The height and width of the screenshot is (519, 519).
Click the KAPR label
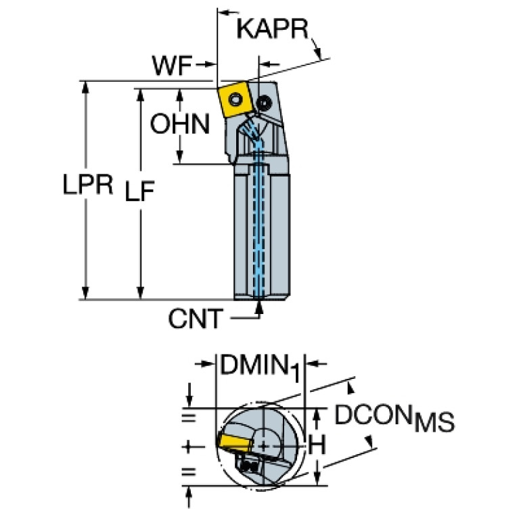pyautogui.click(x=273, y=30)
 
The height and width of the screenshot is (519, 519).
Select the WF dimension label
pyautogui.click(x=171, y=66)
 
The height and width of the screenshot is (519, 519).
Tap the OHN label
pyautogui.click(x=180, y=125)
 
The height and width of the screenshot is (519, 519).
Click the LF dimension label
pyautogui.click(x=139, y=193)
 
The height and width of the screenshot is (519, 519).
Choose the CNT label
pyautogui.click(x=195, y=318)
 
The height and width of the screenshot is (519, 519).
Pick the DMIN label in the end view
pyautogui.click(x=252, y=367)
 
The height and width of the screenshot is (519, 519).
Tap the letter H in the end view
pyautogui.click(x=316, y=445)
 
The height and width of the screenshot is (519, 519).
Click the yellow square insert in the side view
pyautogui.click(x=234, y=101)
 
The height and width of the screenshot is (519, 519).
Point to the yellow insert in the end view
pyautogui.click(x=233, y=442)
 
